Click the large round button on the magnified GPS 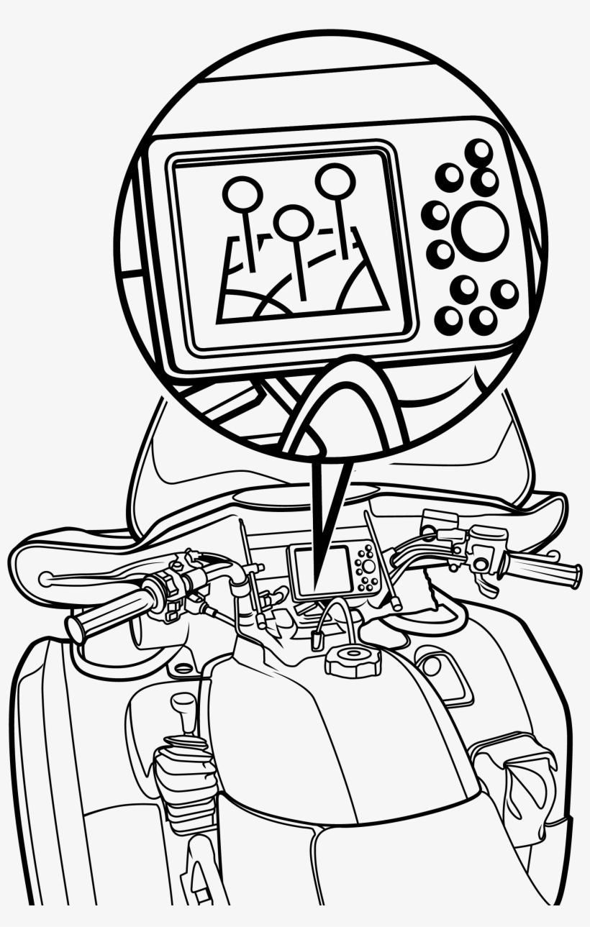click(483, 229)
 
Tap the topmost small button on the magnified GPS click(478, 152)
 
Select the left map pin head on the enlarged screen click(242, 193)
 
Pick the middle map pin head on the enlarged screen click(293, 222)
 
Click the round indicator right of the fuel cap click(432, 665)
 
